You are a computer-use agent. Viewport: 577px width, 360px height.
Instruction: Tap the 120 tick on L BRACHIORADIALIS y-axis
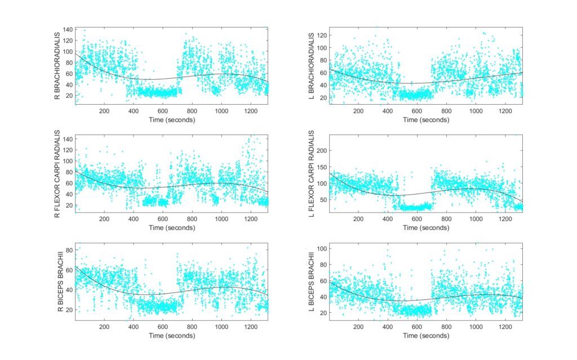point(321,35)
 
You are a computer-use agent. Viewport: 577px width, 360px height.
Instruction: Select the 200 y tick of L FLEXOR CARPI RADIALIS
point(321,150)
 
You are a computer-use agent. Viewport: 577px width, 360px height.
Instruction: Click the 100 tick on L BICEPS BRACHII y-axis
point(321,249)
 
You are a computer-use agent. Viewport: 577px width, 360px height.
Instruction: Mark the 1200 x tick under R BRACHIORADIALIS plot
point(250,111)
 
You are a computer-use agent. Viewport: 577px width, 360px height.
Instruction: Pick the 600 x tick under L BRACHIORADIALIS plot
point(417,111)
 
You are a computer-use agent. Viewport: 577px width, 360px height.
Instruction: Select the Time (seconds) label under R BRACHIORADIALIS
point(172,120)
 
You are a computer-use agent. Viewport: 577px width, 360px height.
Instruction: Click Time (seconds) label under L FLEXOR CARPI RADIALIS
point(426,228)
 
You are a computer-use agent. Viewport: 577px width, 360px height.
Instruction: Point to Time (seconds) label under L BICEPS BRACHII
point(426,336)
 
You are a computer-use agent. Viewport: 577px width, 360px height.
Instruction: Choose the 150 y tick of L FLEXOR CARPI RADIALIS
point(321,167)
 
